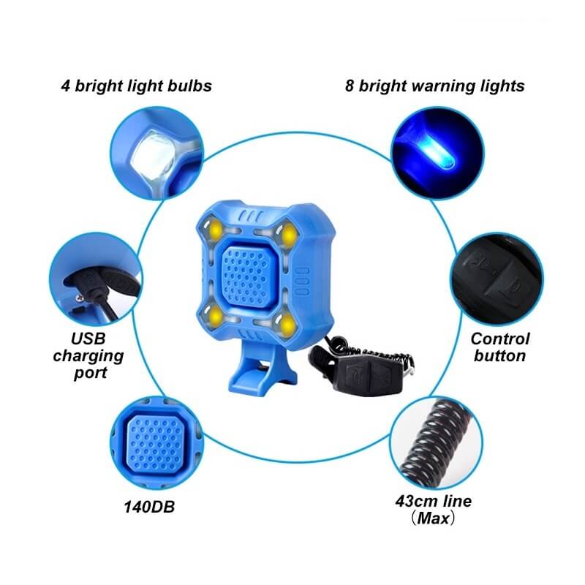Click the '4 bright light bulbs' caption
(x=137, y=86)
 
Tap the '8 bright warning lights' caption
(x=434, y=86)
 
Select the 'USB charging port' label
(x=88, y=356)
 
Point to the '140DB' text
(x=149, y=507)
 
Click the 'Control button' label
(x=500, y=347)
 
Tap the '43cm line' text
(x=434, y=501)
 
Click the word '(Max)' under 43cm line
(x=434, y=518)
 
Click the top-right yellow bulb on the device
(x=288, y=234)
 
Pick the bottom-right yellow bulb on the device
(x=287, y=325)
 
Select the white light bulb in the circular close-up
(x=154, y=157)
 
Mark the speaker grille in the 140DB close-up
(x=155, y=443)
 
